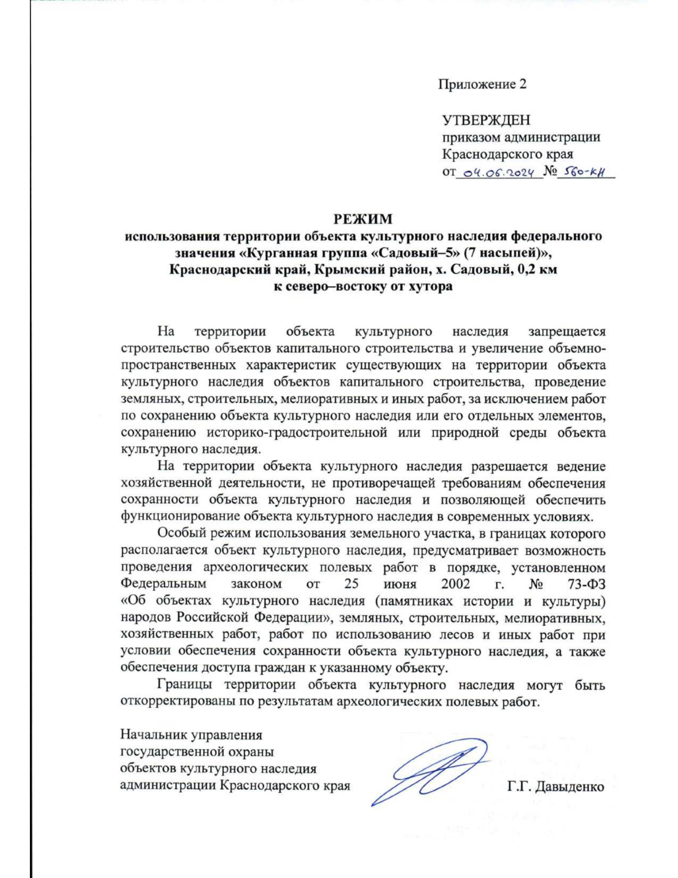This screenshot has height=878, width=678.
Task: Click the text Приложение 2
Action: click(x=483, y=84)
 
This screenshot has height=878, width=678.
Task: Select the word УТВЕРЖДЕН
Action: click(x=486, y=120)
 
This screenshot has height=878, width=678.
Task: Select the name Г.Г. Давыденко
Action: click(x=556, y=786)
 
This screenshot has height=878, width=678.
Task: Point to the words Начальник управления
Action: click(x=191, y=736)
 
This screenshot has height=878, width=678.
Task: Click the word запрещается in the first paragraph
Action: click(x=567, y=332)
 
